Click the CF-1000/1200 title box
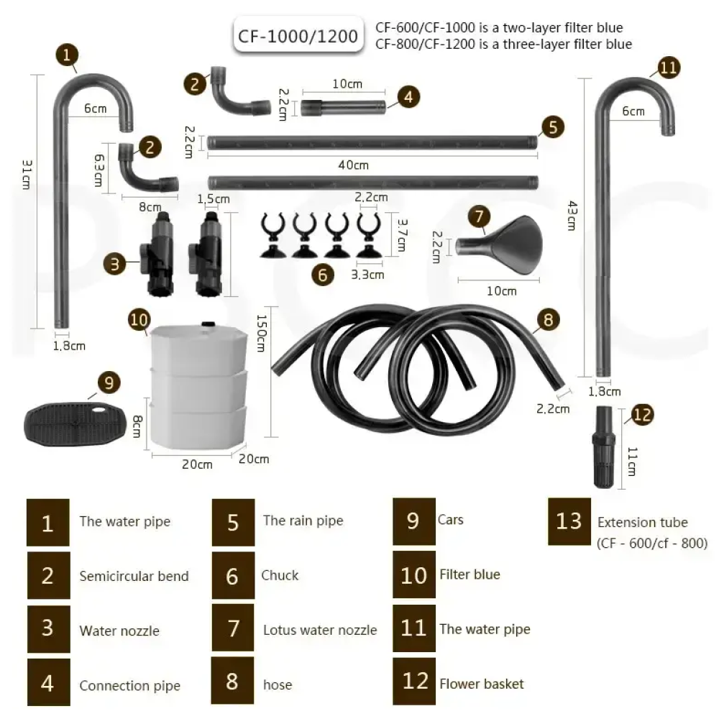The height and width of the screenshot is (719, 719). [x=298, y=36]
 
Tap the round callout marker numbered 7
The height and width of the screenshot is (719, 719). [x=479, y=216]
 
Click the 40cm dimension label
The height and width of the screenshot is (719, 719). [x=353, y=165]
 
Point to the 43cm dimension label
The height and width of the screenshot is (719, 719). [x=572, y=216]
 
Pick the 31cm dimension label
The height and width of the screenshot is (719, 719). [x=27, y=174]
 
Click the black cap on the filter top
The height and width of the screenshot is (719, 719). [x=209, y=324]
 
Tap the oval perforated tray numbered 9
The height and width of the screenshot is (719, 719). [x=75, y=424]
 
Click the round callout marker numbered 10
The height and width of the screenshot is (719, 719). [x=139, y=320]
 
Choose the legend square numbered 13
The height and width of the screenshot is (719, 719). [x=569, y=521]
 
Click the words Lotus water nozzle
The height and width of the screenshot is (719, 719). [x=320, y=630]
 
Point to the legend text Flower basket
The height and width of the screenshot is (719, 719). [x=482, y=684]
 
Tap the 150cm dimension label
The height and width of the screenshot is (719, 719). [x=260, y=334]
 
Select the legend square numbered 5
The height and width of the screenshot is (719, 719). [x=233, y=522]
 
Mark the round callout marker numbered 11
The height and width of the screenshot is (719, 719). [x=668, y=68]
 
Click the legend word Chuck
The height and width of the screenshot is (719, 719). [x=280, y=575]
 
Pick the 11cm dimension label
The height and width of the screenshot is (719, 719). [x=632, y=462]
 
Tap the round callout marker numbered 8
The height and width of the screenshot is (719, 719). [x=548, y=320]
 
